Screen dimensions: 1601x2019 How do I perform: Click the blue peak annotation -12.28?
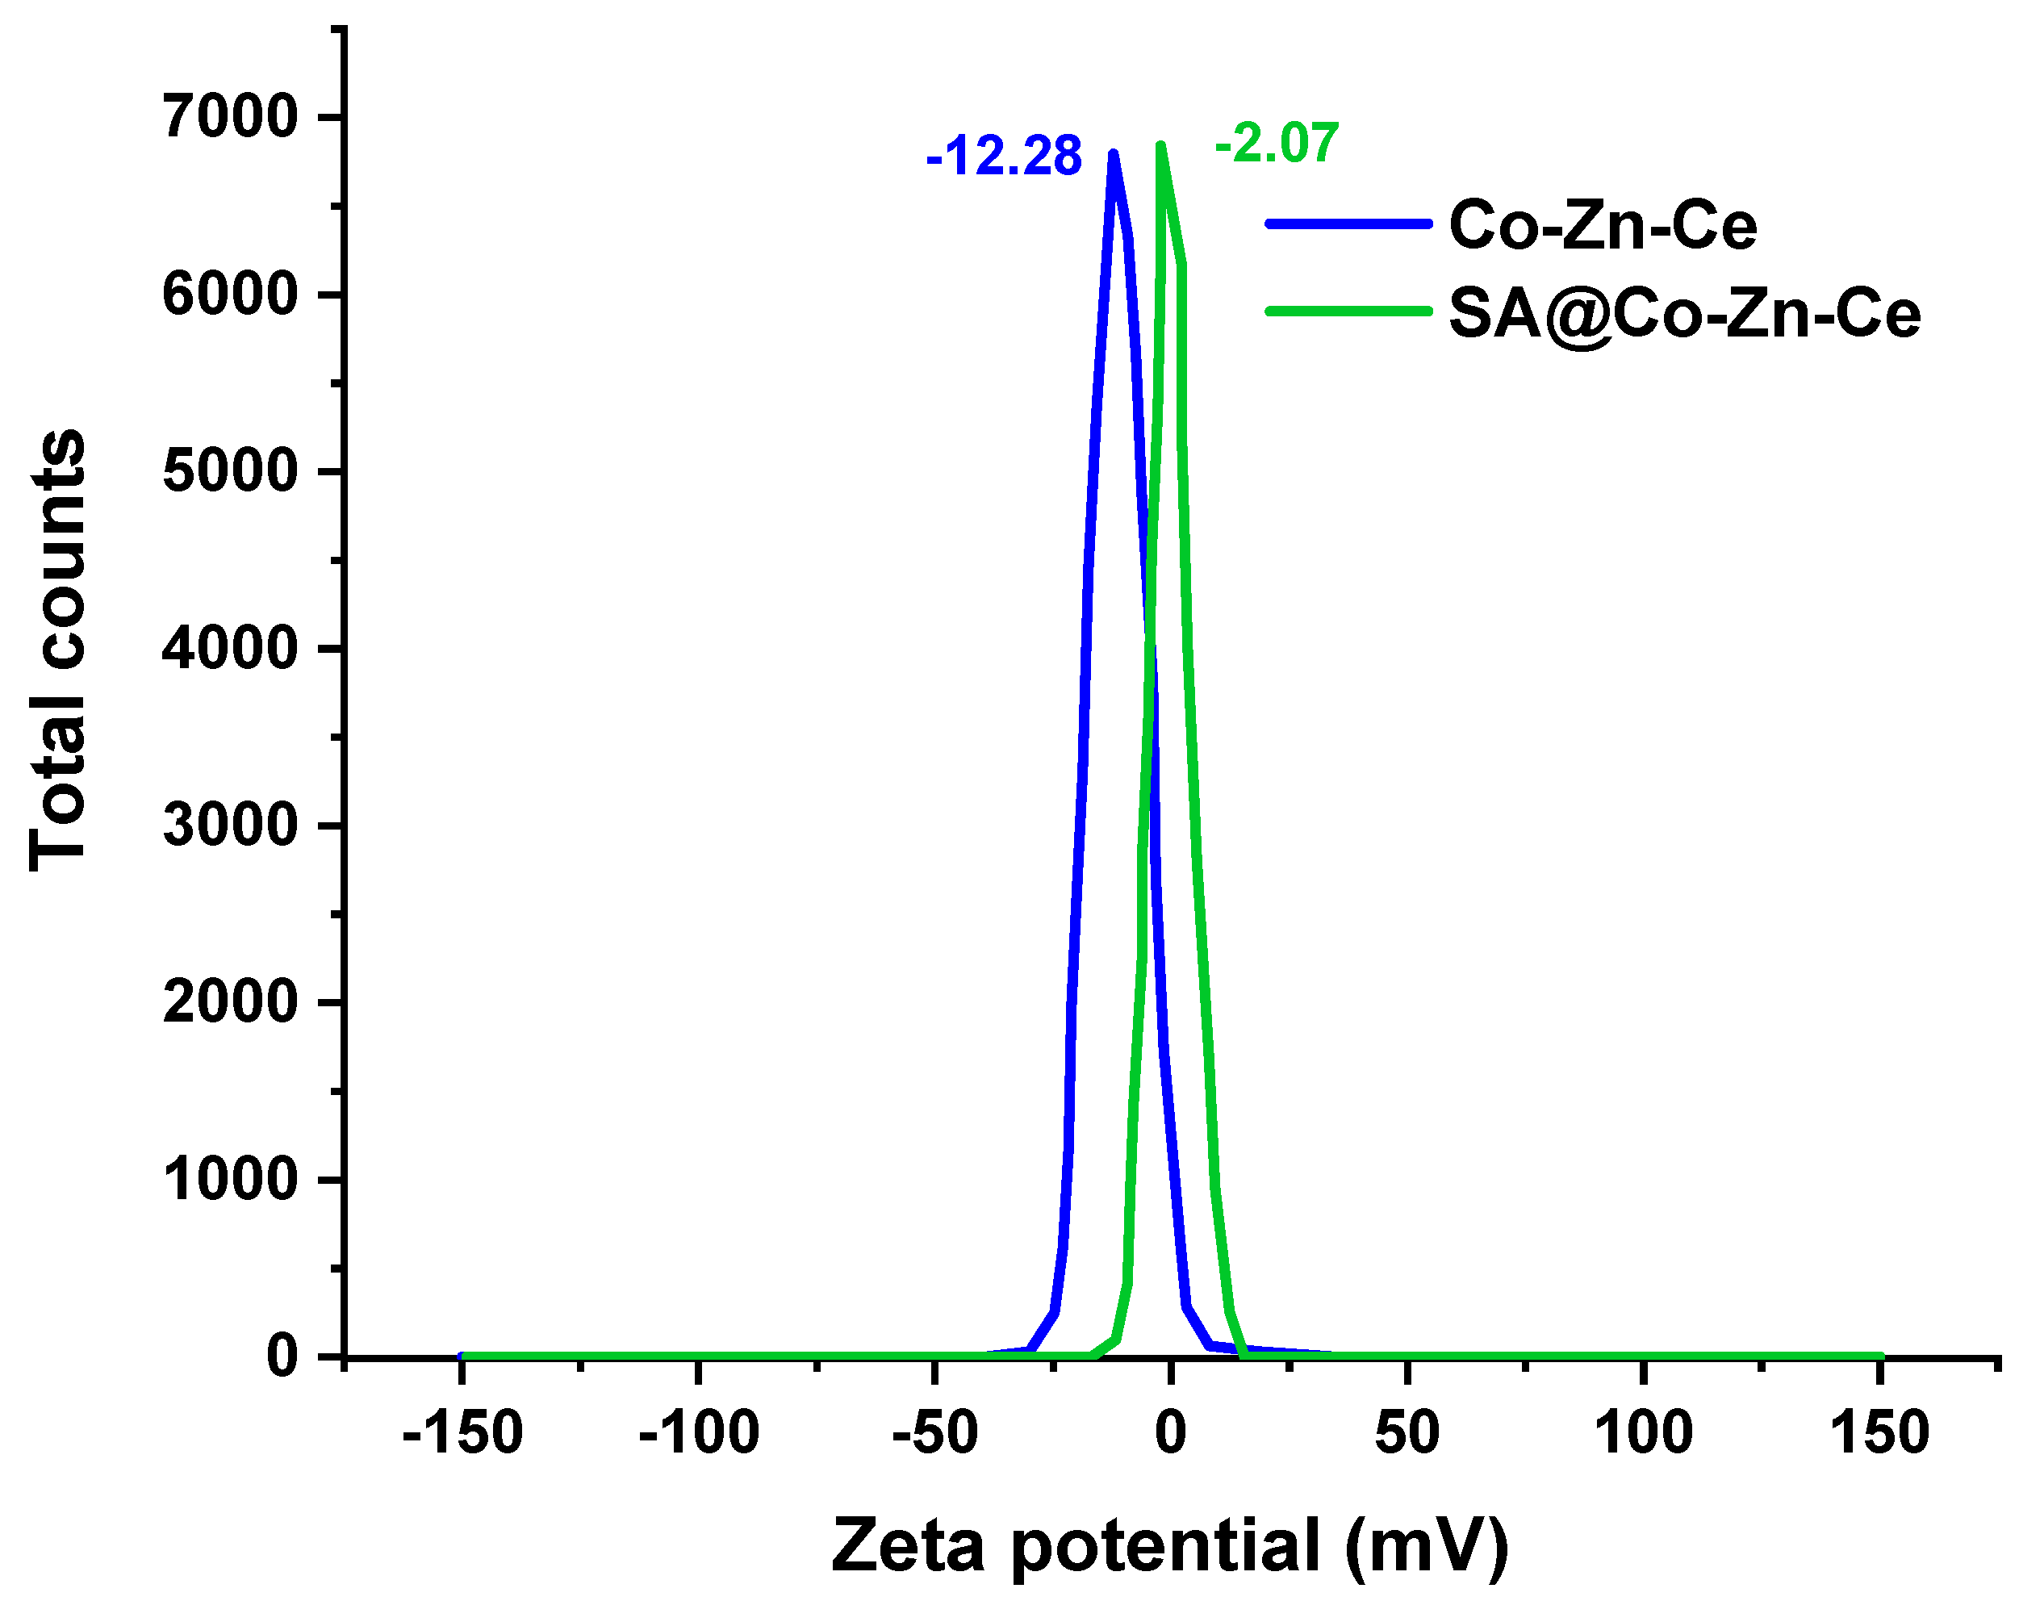pos(1003,156)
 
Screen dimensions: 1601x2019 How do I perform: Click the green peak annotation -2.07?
pos(1277,144)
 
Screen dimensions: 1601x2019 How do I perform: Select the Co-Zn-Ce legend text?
pos(1603,226)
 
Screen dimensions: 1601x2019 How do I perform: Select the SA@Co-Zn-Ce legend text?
pos(1685,313)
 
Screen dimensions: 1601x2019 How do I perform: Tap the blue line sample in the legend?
pos(1348,224)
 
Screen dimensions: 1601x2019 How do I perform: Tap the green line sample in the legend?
pos(1348,311)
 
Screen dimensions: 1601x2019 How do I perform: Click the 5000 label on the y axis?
pos(229,471)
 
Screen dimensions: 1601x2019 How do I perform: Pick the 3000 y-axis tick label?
pos(229,825)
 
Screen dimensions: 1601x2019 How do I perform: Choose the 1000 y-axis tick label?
pos(229,1179)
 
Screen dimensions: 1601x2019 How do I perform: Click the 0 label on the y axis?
pos(282,1356)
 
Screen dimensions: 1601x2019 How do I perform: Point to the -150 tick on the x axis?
pos(462,1432)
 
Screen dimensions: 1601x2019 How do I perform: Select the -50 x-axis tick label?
pos(934,1432)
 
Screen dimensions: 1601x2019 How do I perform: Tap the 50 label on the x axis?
pos(1407,1432)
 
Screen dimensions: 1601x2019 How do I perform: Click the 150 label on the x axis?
pos(1879,1432)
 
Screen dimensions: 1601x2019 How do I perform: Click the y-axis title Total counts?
pos(58,650)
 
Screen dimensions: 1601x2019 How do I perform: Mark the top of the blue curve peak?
pos(1113,153)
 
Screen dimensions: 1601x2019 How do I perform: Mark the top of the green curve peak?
pos(1161,146)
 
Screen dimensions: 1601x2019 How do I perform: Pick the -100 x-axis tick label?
pos(698,1432)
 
